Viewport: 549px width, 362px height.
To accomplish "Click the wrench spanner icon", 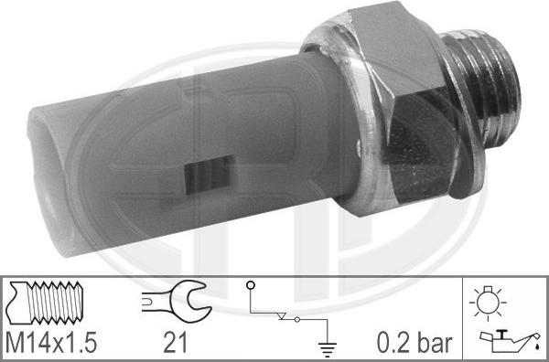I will tap(177, 299).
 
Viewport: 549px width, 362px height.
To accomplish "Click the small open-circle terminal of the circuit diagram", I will tap(249, 286).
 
